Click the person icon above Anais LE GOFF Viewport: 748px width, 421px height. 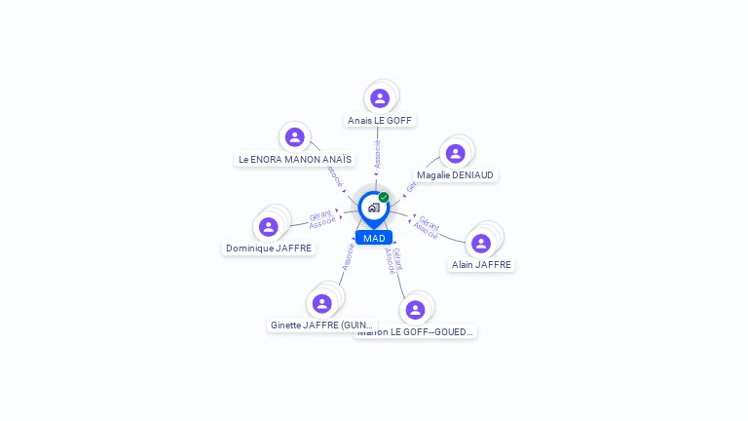coord(380,97)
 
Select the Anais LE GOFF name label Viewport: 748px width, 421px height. coord(380,121)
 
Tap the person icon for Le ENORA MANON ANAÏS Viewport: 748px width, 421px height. coord(295,136)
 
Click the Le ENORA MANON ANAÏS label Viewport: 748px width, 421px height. coord(295,159)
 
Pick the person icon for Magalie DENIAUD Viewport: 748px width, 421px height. coord(454,153)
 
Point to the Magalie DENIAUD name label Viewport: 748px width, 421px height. coord(455,175)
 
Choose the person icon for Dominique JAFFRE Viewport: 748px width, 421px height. coord(269,226)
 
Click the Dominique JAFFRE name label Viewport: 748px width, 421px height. coord(269,249)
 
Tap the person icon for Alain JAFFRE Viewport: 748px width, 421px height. coord(481,243)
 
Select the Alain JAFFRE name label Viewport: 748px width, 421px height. coord(481,264)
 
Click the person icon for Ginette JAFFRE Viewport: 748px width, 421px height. coord(322,303)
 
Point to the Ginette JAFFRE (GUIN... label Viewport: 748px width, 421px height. coord(321,325)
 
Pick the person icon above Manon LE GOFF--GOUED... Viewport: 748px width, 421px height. coord(416,310)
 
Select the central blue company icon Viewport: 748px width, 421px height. coord(373,208)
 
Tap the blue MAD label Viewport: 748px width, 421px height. coord(374,238)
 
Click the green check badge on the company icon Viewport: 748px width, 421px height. coord(384,197)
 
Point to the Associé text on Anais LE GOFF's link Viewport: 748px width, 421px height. coord(378,155)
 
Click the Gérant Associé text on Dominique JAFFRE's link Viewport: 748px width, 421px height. coord(321,219)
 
